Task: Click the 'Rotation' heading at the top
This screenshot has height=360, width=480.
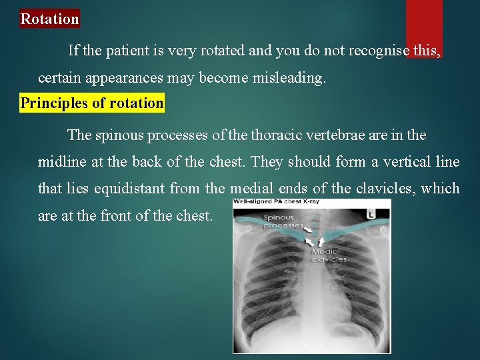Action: tap(49, 19)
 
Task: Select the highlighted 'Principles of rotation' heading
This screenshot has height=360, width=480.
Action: tap(92, 103)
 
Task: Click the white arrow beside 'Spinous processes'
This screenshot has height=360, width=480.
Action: tap(310, 229)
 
